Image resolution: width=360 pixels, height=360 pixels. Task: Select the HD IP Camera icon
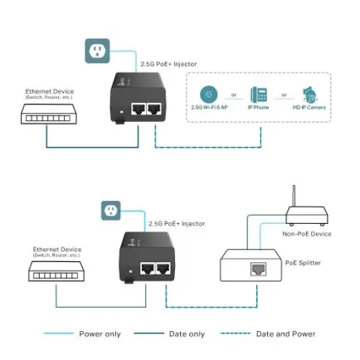pyautogui.click(x=310, y=94)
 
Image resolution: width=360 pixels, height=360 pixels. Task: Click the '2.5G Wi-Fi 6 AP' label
pyautogui.click(x=207, y=107)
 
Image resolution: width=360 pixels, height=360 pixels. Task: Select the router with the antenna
pyautogui.click(x=294, y=213)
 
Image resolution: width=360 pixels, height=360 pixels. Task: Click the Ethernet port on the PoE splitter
pyautogui.click(x=258, y=269)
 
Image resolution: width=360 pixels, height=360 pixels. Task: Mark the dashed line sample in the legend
pyautogui.click(x=235, y=333)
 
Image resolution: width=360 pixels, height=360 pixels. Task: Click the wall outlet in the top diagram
pyautogui.click(x=97, y=51)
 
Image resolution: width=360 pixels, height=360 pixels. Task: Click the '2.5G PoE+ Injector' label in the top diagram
pyautogui.click(x=158, y=64)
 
